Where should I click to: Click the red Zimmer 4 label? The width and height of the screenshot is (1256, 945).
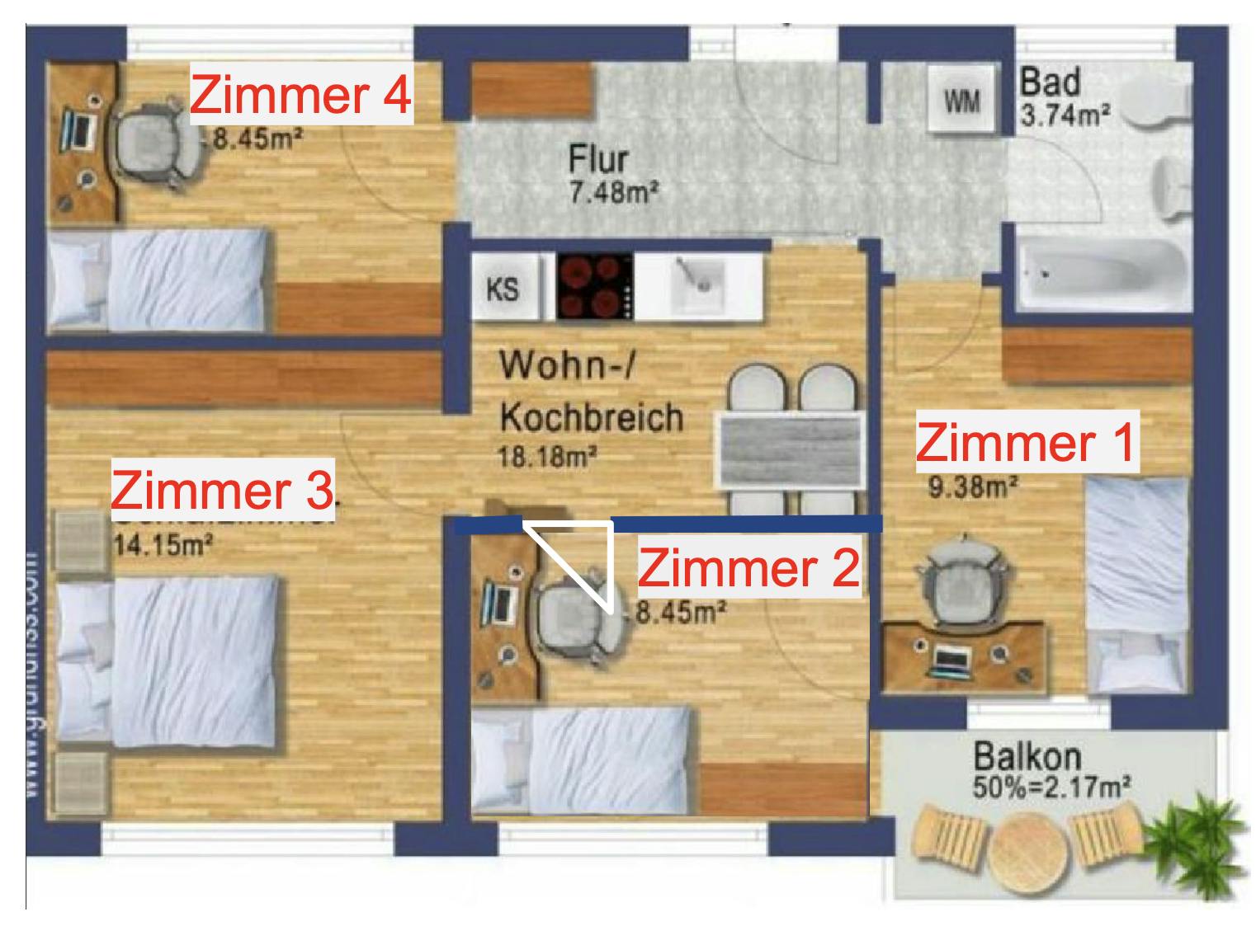[300, 95]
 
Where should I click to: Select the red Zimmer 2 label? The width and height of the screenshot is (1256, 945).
[748, 568]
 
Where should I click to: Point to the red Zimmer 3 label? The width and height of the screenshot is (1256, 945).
[222, 490]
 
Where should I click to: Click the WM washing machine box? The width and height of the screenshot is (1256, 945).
[962, 101]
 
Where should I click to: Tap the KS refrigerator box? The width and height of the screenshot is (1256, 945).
[503, 289]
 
